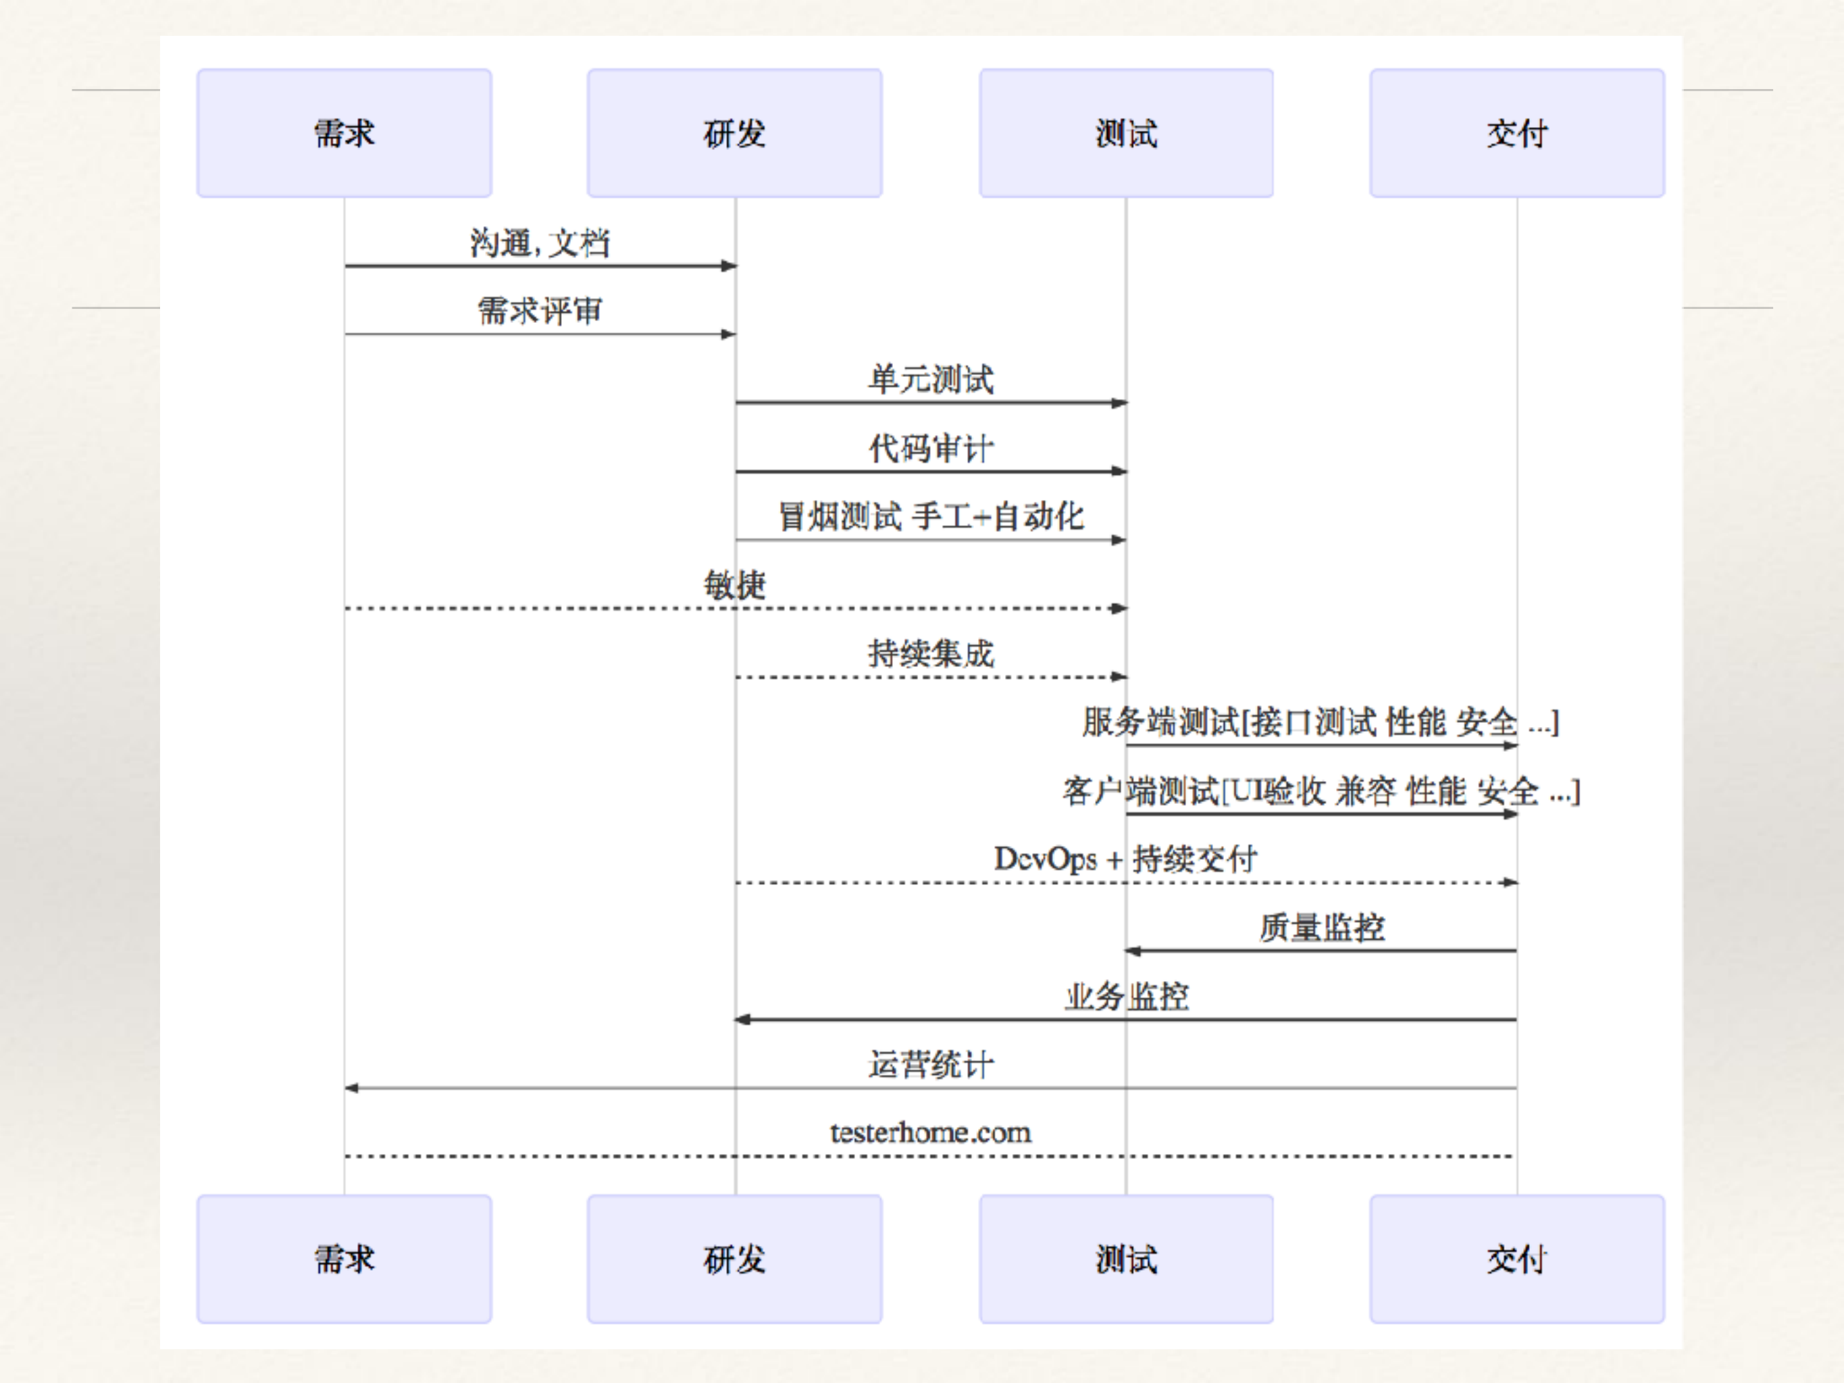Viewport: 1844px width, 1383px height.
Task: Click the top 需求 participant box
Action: pos(344,133)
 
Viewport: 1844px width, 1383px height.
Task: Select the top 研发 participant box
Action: pos(734,133)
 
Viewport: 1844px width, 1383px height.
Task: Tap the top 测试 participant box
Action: pos(1126,133)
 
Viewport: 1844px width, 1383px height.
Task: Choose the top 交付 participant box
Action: pos(1517,133)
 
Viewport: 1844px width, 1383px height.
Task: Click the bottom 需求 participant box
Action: pos(344,1259)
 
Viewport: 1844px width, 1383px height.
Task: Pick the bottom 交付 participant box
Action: pos(1517,1259)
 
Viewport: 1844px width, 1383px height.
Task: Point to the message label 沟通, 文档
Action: pos(540,243)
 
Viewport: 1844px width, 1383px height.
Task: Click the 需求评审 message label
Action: pos(540,311)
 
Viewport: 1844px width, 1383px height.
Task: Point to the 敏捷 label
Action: pos(734,585)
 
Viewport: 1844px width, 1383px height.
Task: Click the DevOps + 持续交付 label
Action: pos(1125,859)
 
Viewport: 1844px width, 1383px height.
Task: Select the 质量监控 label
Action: pos(1321,928)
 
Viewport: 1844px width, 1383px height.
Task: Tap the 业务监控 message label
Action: pos(1126,996)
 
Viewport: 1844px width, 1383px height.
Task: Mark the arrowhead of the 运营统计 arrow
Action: pos(352,1088)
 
